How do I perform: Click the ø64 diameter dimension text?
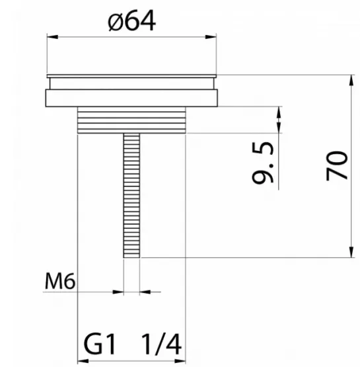tap(131, 20)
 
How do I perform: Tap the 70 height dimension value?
tap(337, 165)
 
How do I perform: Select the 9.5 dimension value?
tap(263, 163)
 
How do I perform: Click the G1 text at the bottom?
tap(99, 344)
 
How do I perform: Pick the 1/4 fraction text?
tap(161, 344)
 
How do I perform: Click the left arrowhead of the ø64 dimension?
tap(52, 37)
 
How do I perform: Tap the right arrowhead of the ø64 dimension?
tap(211, 37)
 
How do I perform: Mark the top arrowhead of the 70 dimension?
tap(351, 81)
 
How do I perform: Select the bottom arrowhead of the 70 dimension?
tap(351, 252)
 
